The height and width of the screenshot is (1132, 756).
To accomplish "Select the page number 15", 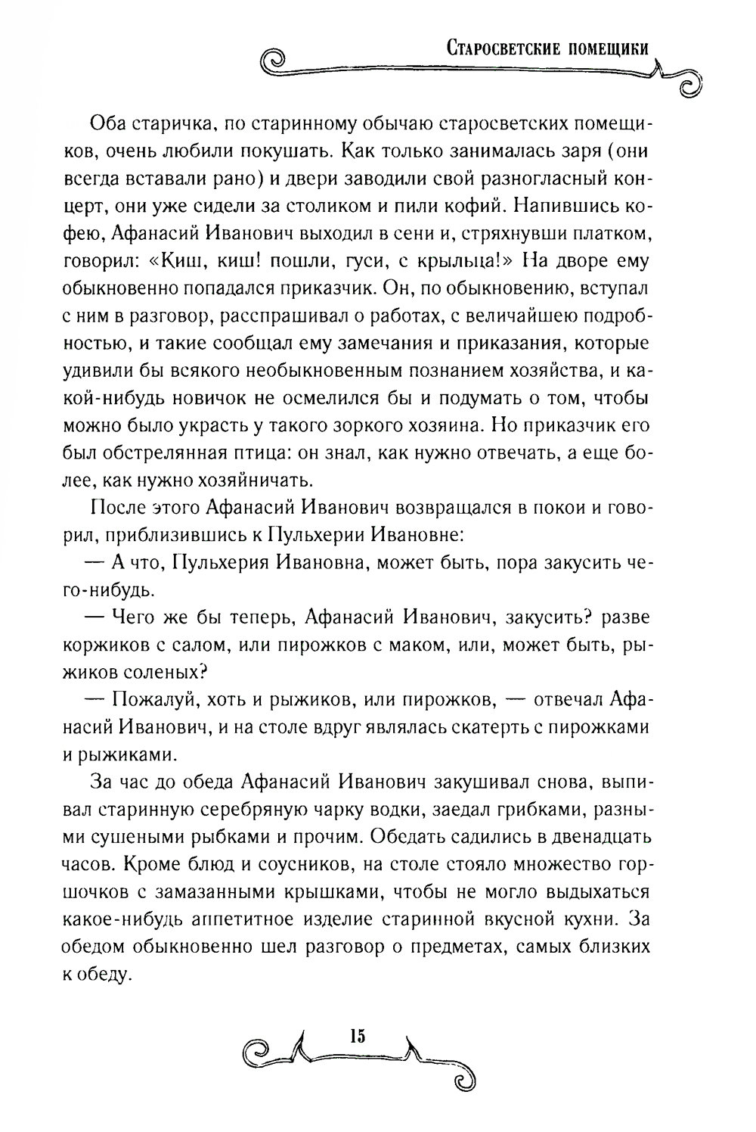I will (358, 1036).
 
